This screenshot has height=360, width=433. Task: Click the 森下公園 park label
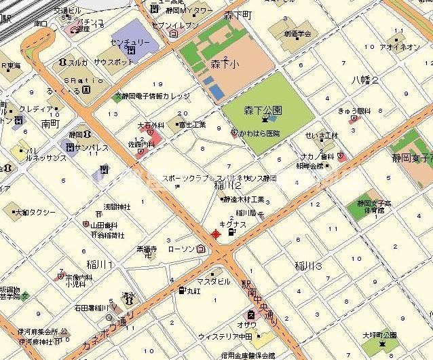click(x=263, y=109)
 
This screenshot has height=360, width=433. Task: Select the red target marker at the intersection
click(x=216, y=234)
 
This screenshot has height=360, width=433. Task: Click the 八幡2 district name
click(x=365, y=80)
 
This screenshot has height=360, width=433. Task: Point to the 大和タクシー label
click(x=35, y=212)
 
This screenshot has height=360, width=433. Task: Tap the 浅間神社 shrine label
click(x=117, y=206)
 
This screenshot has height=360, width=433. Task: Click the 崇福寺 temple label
click(x=146, y=249)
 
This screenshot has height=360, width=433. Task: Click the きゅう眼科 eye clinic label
click(x=354, y=111)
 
